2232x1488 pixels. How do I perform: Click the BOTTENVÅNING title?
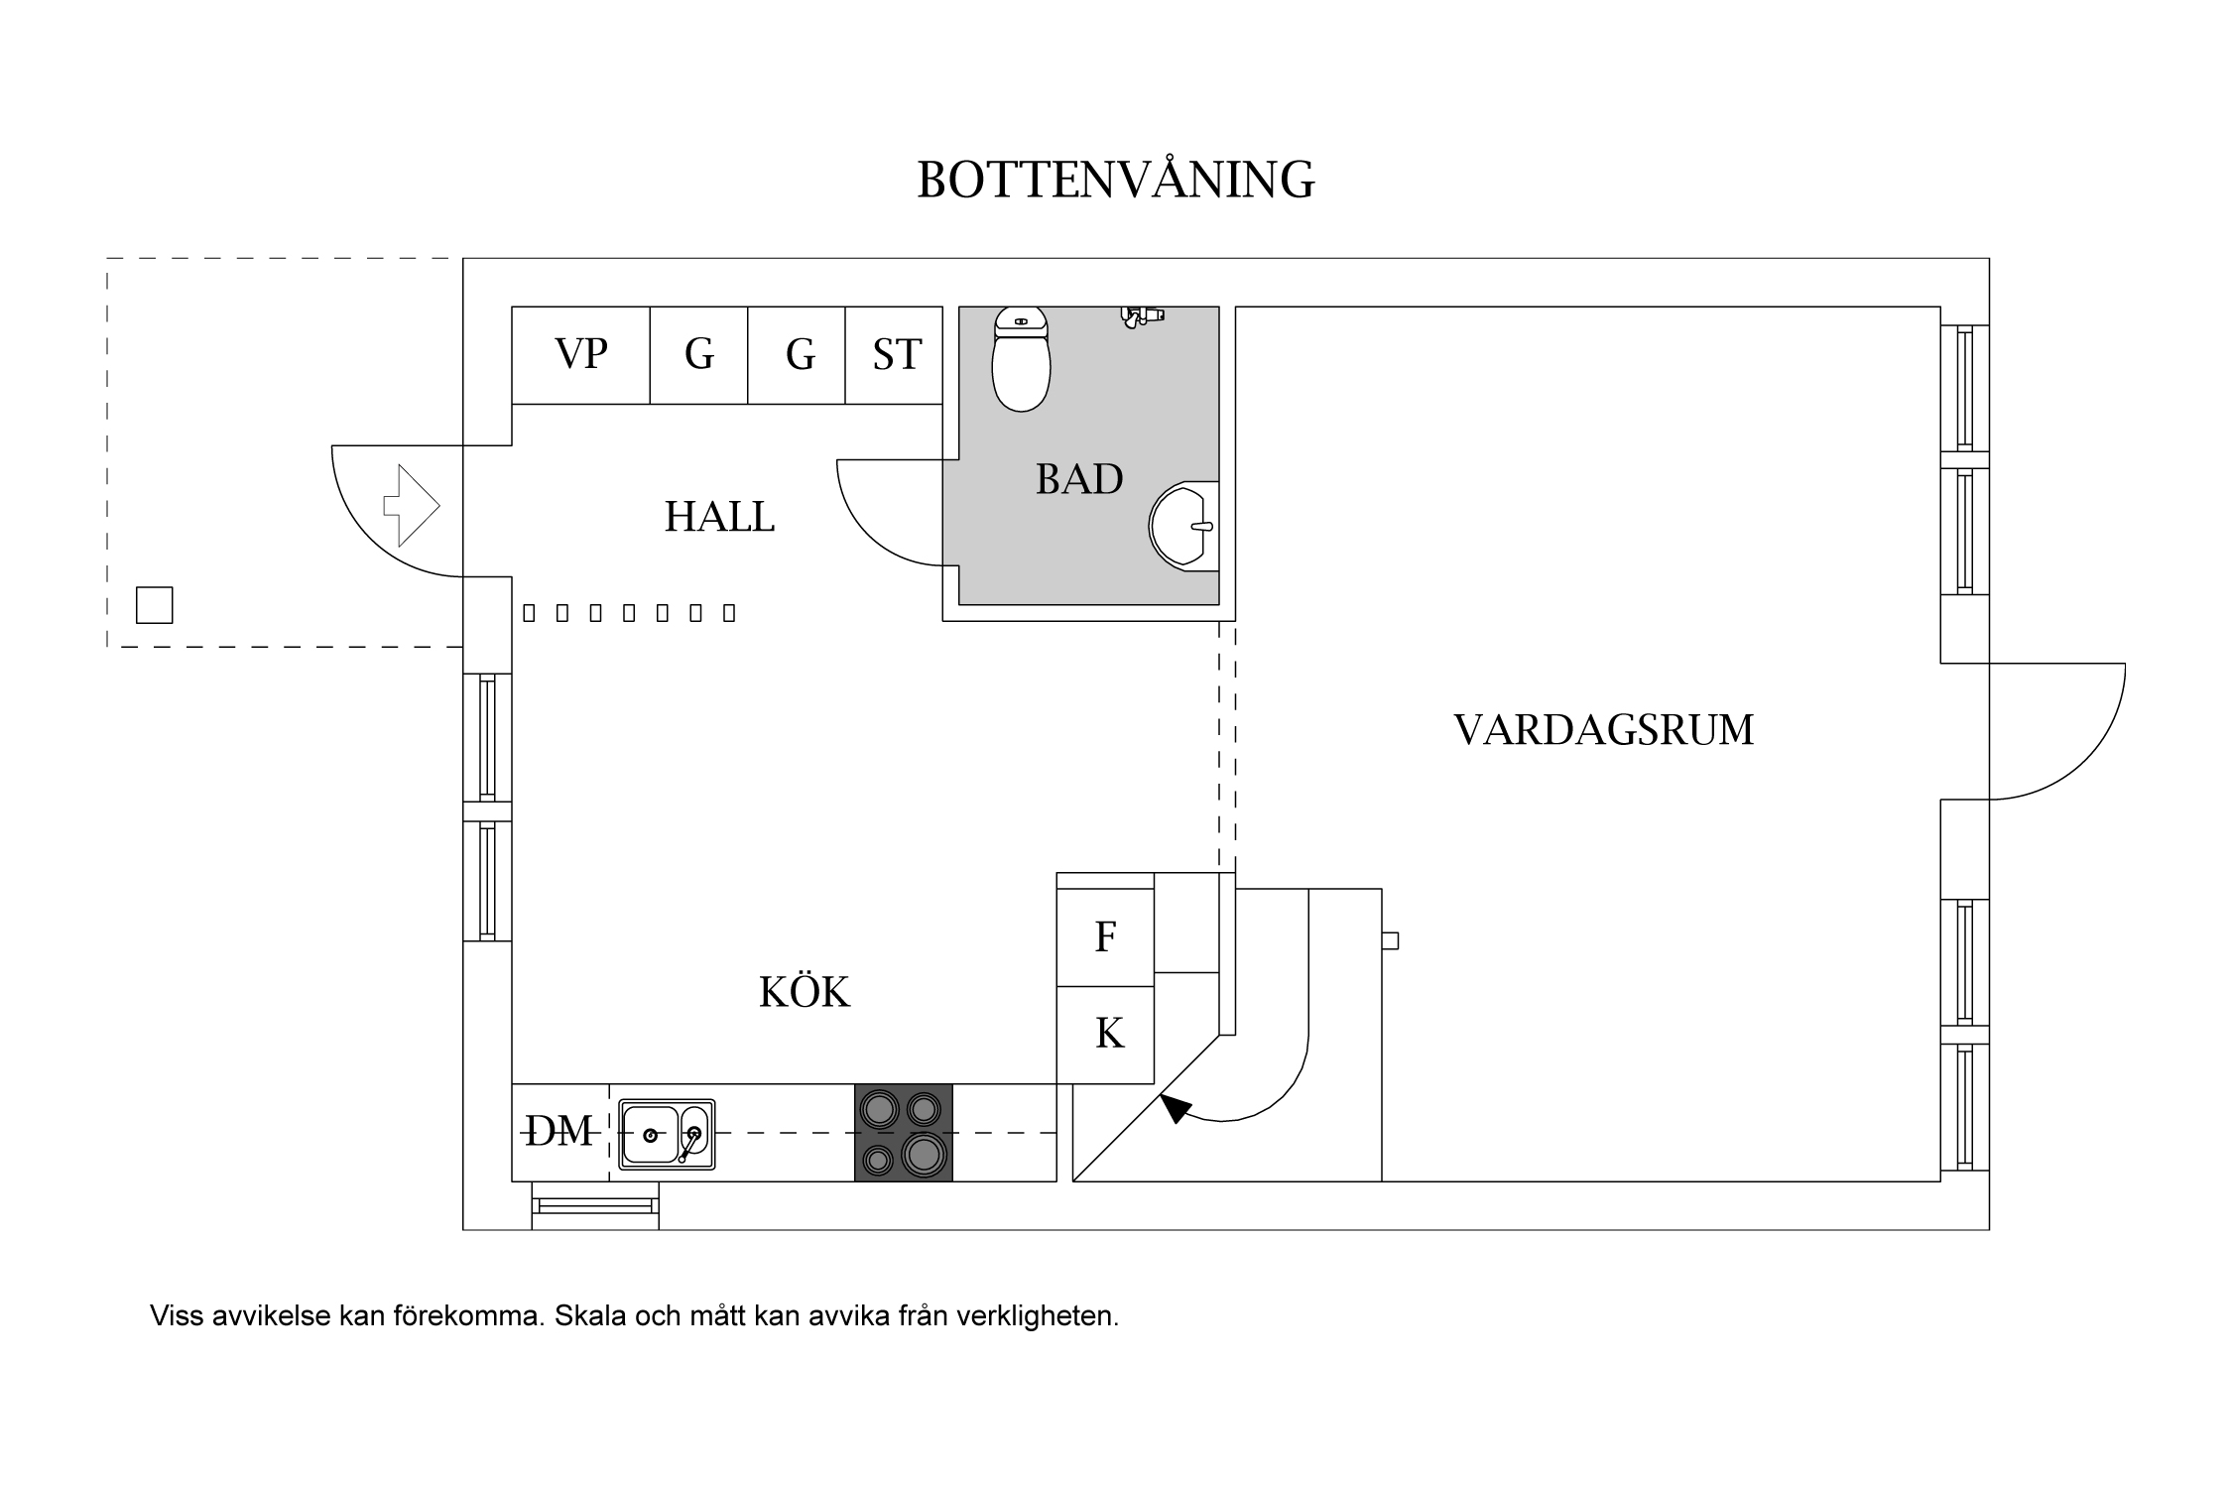click(1115, 181)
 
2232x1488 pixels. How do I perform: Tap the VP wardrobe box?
click(580, 354)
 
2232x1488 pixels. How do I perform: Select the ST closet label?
click(896, 354)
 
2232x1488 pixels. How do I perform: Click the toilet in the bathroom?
click(1021, 362)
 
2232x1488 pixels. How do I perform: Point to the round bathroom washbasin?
click(1183, 526)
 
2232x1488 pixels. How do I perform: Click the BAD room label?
click(1079, 480)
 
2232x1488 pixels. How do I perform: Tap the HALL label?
click(719, 517)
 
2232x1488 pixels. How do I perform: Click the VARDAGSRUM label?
click(1603, 730)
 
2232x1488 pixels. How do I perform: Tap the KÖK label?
click(804, 992)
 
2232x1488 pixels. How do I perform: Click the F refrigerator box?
click(1105, 937)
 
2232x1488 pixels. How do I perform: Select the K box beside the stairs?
click(1108, 1035)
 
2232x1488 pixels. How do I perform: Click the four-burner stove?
click(903, 1132)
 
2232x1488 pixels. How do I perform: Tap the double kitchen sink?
click(666, 1133)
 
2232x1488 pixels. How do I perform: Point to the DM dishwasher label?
click(558, 1131)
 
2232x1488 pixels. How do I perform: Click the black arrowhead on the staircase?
click(1175, 1107)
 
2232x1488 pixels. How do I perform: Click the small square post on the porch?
click(154, 605)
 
